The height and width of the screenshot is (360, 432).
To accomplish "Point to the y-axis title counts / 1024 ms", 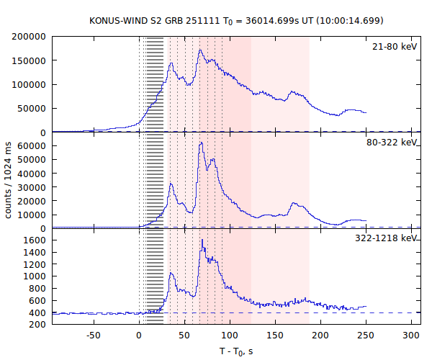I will point(9,181).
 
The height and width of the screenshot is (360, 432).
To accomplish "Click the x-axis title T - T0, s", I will point(235,351).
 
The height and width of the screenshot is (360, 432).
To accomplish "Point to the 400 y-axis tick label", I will point(37,312).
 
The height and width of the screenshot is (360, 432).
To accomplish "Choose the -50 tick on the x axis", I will point(93,336).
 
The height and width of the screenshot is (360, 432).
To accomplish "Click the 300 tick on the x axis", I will point(411,336).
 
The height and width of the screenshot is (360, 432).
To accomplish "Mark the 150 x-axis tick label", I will point(275,336).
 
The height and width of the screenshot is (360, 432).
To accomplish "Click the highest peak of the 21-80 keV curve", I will point(200,50).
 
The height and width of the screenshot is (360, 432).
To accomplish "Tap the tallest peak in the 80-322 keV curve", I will point(201,143).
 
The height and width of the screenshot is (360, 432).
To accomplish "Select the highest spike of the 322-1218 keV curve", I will point(202,240).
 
